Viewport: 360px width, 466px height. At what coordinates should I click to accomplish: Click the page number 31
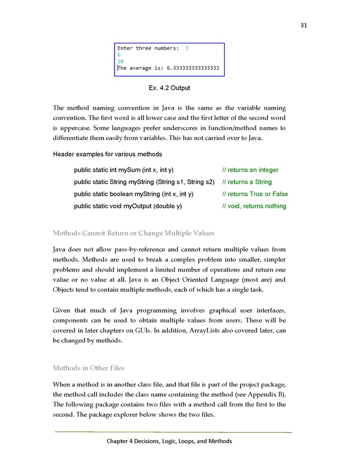coord(303,25)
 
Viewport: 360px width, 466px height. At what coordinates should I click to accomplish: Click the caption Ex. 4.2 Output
coord(169,88)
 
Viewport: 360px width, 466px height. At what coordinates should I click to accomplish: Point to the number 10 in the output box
coord(121,61)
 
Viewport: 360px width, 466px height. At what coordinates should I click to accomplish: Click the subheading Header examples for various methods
coord(107,154)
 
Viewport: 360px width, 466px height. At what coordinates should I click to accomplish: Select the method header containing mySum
coord(124,170)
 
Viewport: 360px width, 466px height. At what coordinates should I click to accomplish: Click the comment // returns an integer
coord(250,170)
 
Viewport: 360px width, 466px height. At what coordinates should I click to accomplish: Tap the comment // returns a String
coord(246,182)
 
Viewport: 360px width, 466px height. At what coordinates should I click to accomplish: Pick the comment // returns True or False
coord(255,194)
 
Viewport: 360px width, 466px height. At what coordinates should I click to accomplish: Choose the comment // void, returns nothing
coord(254,206)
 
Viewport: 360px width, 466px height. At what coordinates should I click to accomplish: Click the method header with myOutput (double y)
coord(128,206)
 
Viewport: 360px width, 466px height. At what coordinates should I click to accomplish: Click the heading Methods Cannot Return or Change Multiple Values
coord(134,233)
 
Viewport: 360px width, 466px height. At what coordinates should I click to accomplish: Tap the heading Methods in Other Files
coord(88,368)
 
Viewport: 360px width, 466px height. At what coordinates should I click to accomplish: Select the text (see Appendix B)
coord(259,395)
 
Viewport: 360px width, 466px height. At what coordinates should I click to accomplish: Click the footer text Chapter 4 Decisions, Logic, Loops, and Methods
coord(169,441)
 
